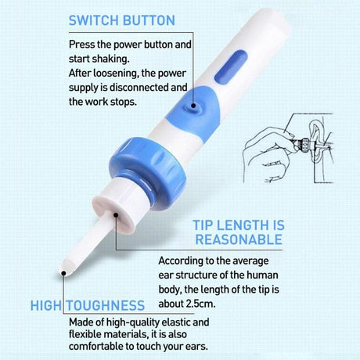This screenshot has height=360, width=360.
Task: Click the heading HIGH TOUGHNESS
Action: [x=88, y=304]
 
